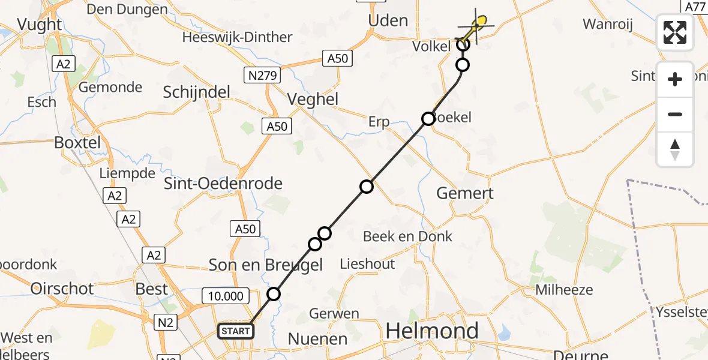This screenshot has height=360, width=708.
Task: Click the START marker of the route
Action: tap(236, 331)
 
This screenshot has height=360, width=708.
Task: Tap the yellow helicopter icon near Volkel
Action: tap(477, 25)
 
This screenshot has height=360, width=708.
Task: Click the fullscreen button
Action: tap(675, 32)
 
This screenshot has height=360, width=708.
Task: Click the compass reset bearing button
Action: tap(675, 149)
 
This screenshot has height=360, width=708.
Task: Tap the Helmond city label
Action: tap(432, 330)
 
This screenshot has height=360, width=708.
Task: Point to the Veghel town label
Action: tap(313, 99)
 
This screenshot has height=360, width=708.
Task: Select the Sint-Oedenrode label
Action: tap(223, 183)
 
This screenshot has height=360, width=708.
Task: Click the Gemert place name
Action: tap(465, 193)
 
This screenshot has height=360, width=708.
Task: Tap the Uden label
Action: tap(388, 20)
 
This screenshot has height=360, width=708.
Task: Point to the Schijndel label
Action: tap(197, 92)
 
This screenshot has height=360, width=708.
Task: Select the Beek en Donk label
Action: tap(408, 236)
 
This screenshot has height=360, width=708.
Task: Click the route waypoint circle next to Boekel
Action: tap(428, 119)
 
